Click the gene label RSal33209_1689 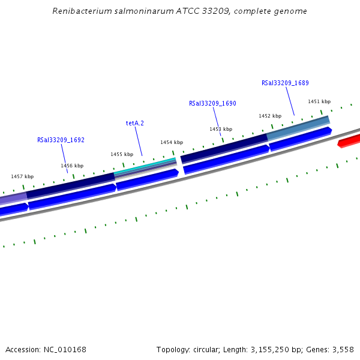point(285,83)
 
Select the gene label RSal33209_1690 point(212,103)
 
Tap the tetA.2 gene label point(135,123)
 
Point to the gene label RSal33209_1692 point(61,140)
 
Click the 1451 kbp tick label point(319,101)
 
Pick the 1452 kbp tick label point(270,116)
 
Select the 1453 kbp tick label point(220,129)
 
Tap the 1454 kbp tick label point(171,142)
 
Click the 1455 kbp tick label point(122,154)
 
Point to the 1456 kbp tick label point(72,166)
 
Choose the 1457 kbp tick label point(22,176)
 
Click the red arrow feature point(349,141)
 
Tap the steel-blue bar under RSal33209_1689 point(298,127)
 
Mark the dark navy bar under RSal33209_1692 point(70,185)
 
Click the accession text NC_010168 point(63,349)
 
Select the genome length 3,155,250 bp point(274,349)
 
